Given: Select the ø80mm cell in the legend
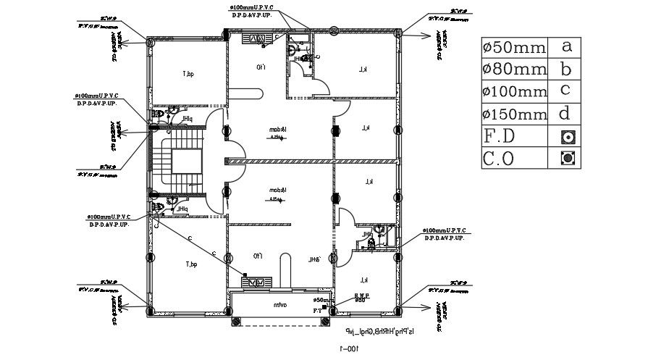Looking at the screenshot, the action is [513, 70].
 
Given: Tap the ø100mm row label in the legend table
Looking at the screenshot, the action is [514, 92].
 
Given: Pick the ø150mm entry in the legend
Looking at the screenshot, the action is [514, 114].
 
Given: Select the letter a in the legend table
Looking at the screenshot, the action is [567, 46].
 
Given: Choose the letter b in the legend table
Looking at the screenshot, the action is [567, 69].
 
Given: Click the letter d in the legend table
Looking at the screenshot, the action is [567, 113].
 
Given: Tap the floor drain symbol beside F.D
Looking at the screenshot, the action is [568, 136].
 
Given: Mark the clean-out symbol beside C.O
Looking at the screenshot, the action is [568, 157].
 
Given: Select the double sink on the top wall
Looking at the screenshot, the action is [258, 38].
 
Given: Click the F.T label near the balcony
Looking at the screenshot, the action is [316, 310].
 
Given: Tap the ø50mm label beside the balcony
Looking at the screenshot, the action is [324, 299].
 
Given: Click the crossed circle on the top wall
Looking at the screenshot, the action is [334, 30].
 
